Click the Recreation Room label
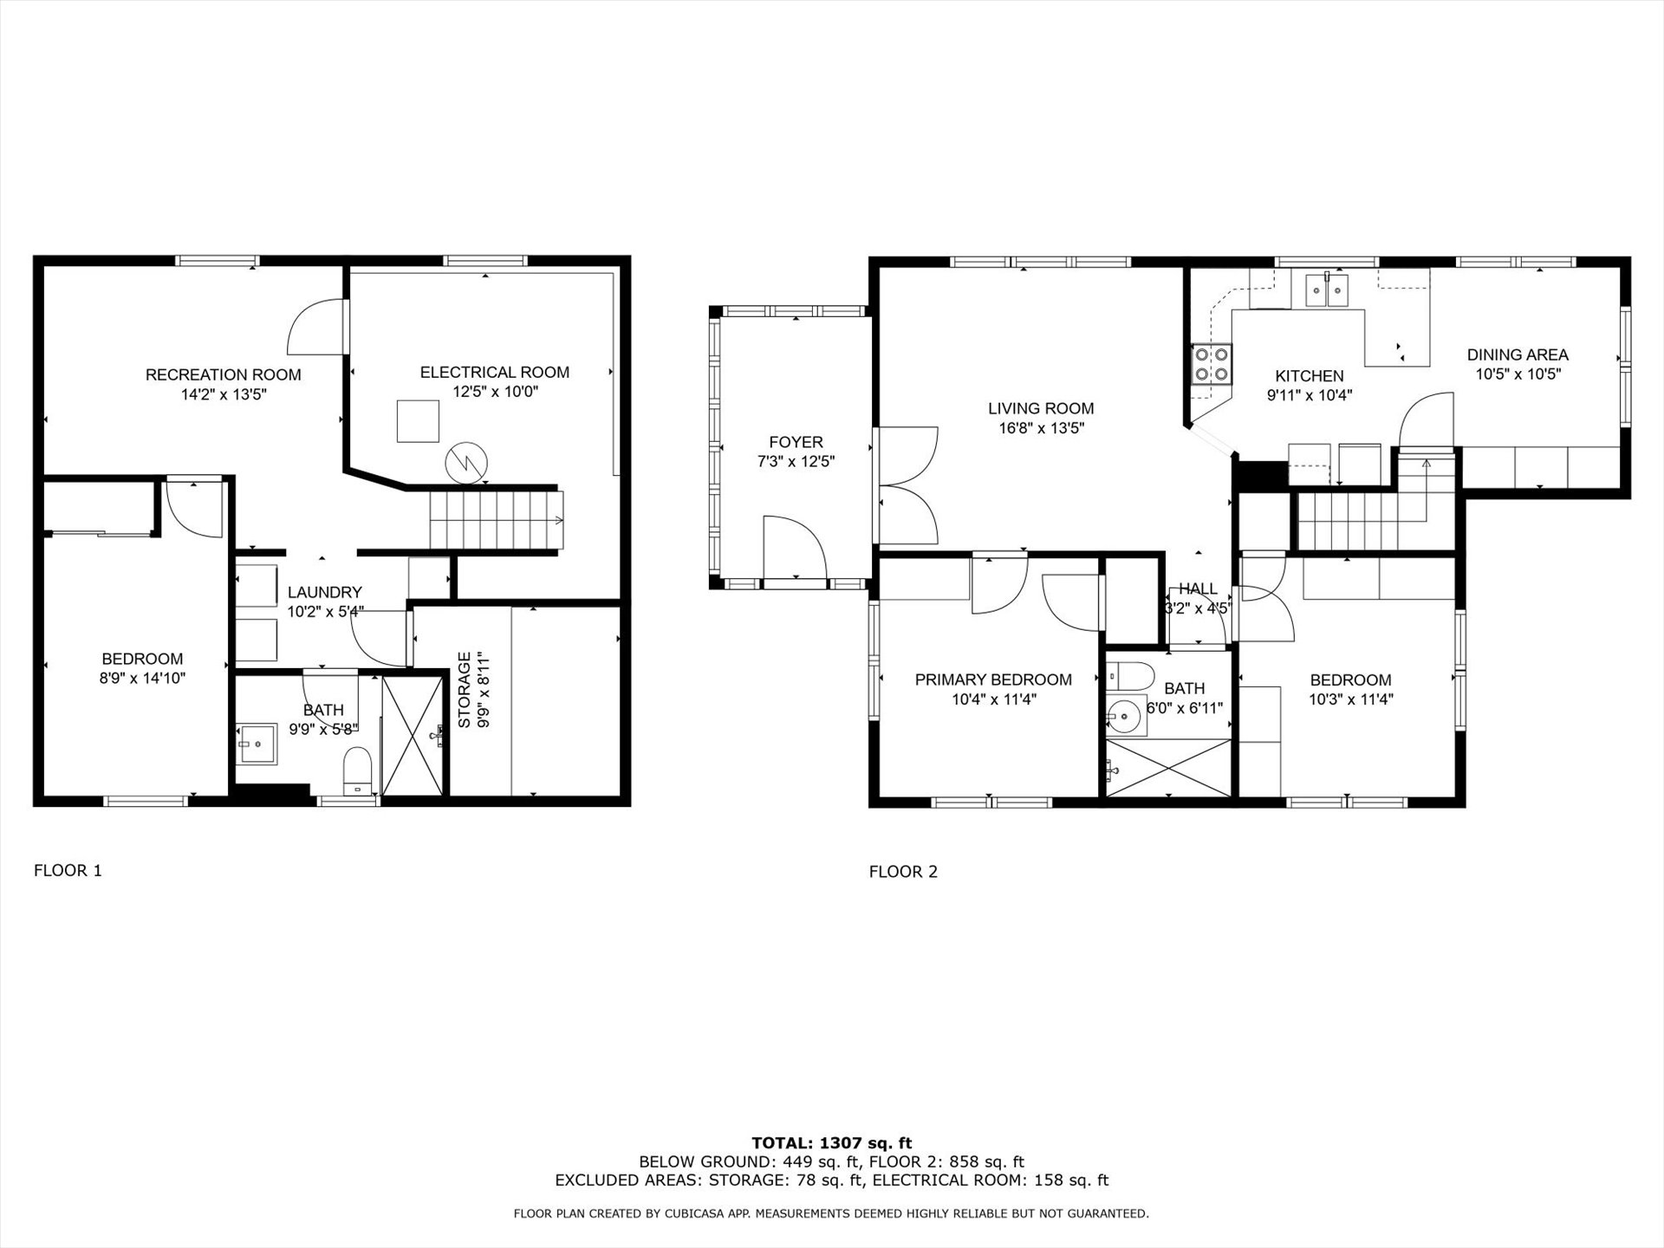[x=223, y=374]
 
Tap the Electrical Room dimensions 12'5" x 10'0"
[x=495, y=392]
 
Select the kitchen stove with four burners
[x=1212, y=364]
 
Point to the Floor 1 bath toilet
[x=356, y=771]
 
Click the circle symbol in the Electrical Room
[x=466, y=464]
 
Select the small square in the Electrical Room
[x=418, y=420]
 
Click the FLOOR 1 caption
[x=68, y=870]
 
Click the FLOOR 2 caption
[x=903, y=872]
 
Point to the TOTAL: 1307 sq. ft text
[x=832, y=1143]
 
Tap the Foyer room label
[x=796, y=442]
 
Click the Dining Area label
[x=1518, y=354]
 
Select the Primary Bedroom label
[x=993, y=679]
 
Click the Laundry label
[x=324, y=592]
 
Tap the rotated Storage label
[x=465, y=690]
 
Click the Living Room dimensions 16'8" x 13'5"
[x=1041, y=428]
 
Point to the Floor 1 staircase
[x=497, y=520]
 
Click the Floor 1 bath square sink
[x=257, y=744]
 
